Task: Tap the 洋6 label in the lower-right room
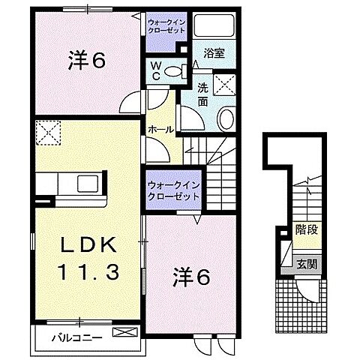coord(192,276)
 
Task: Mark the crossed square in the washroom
coord(223,83)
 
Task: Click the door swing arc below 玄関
coord(309,292)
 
